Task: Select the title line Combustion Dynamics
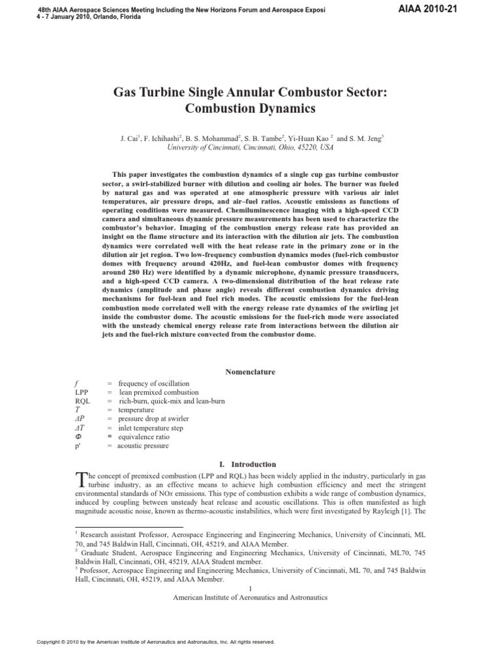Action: tap(250, 109)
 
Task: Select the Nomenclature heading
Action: tap(250, 372)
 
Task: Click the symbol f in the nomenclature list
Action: tap(78, 383)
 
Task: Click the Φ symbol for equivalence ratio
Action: tap(79, 436)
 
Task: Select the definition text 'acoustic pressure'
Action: tap(143, 446)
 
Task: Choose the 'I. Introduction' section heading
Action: tap(250, 464)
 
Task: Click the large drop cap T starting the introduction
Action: tap(80, 479)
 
